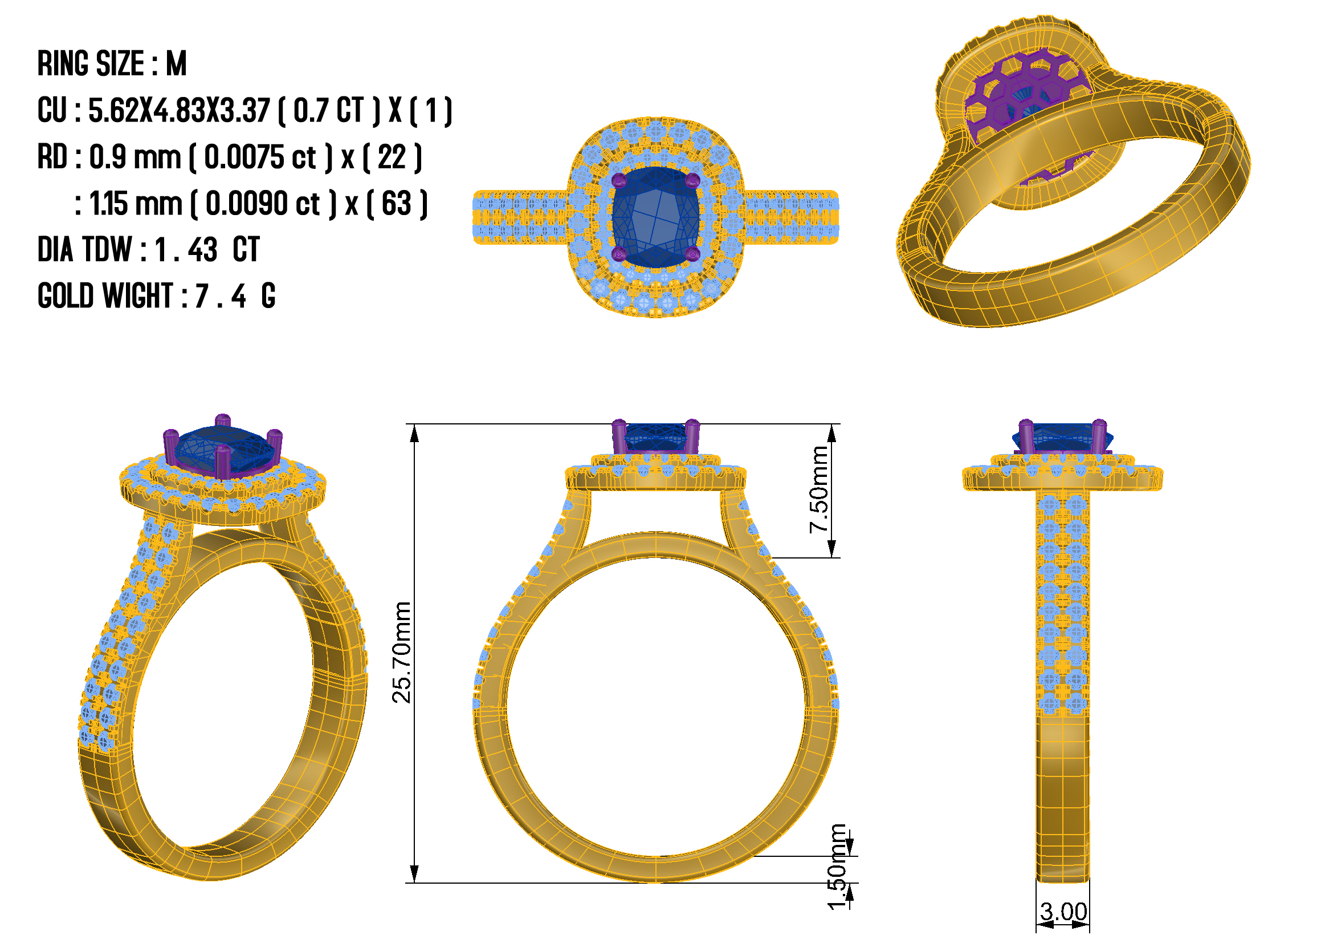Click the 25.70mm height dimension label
point(402,653)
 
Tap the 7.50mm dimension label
point(819,489)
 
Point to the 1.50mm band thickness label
point(837,867)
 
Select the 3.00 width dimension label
point(1063,911)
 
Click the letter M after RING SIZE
point(177,63)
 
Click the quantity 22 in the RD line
point(392,157)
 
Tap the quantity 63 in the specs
point(397,203)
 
